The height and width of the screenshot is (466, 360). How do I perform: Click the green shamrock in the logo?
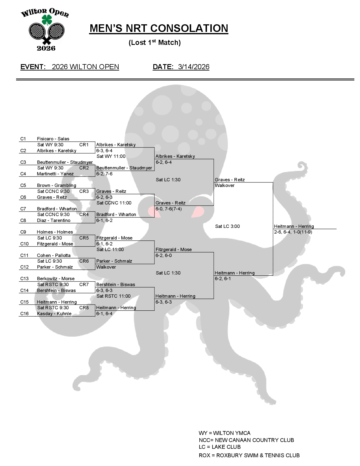47,20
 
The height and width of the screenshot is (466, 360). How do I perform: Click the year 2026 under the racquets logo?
46,48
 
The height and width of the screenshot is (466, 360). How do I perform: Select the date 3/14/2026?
194,67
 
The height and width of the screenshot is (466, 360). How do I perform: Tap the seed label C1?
23,139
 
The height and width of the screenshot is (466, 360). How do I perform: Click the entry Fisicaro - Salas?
53,139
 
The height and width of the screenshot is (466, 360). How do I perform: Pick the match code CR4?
84,214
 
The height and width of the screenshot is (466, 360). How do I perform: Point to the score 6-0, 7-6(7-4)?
169,209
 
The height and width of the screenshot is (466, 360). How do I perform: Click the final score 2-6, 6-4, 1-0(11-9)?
293,232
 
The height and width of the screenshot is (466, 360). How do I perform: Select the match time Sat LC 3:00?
227,226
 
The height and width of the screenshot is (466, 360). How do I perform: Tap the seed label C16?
24,313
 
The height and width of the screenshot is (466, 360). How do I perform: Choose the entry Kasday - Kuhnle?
54,313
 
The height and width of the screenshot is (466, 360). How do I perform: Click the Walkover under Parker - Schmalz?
106,267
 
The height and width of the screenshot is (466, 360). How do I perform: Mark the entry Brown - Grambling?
56,185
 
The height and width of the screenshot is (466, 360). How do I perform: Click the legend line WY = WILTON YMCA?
224,433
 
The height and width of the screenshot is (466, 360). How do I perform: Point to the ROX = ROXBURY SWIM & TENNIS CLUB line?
249,455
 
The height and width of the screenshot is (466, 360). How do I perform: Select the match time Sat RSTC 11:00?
114,296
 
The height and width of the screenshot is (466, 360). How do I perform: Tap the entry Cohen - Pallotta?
54,255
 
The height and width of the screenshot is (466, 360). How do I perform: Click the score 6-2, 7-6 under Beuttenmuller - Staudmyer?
104,174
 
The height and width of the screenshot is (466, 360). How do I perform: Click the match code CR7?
84,284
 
